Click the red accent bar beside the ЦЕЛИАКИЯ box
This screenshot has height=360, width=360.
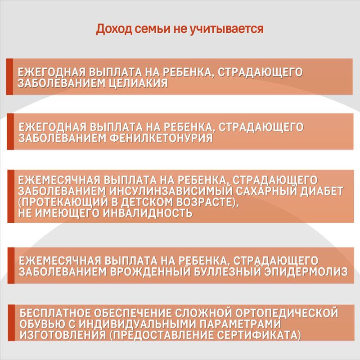[9, 76]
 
